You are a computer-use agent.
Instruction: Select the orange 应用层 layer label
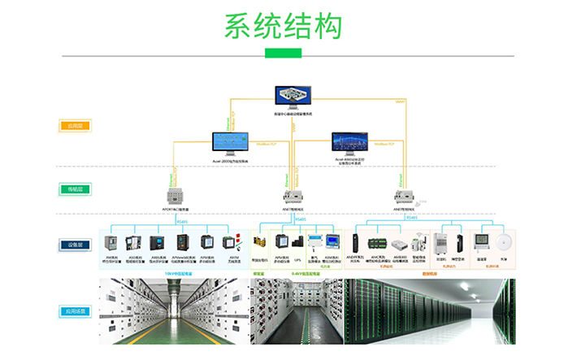point(75,126)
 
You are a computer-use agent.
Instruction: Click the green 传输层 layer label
point(75,189)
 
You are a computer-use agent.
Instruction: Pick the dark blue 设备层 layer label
point(75,244)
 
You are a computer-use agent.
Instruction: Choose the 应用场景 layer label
point(75,311)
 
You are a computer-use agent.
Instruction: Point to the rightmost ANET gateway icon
point(404,196)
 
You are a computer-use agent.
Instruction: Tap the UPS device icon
point(299,243)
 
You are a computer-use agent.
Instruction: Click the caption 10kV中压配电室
point(173,274)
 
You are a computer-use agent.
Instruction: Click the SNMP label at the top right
point(400,102)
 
